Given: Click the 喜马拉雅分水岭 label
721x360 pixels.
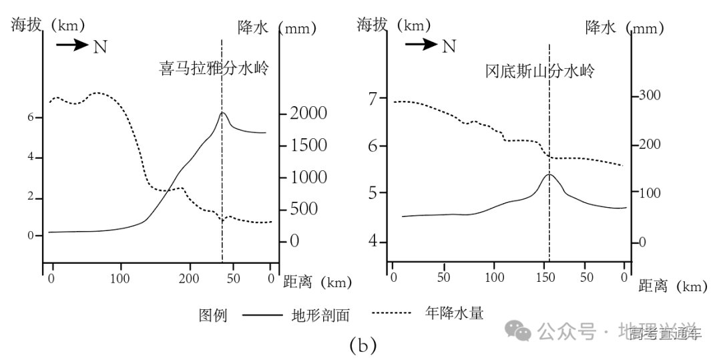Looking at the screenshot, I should [214, 68].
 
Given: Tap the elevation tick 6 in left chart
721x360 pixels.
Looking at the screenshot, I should [29, 118].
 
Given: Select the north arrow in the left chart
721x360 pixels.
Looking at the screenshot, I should [71, 45].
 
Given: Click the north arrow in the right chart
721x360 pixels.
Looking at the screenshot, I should [421, 45].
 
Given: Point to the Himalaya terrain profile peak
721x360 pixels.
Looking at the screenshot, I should [222, 112].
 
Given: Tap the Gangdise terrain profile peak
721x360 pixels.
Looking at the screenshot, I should [549, 174].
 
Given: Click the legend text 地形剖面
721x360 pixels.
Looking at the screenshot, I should [320, 315].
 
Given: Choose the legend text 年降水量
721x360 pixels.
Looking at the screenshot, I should [454, 312].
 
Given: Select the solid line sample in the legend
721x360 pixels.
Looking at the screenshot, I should [262, 315].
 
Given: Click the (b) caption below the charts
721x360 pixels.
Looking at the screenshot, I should [363, 346].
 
